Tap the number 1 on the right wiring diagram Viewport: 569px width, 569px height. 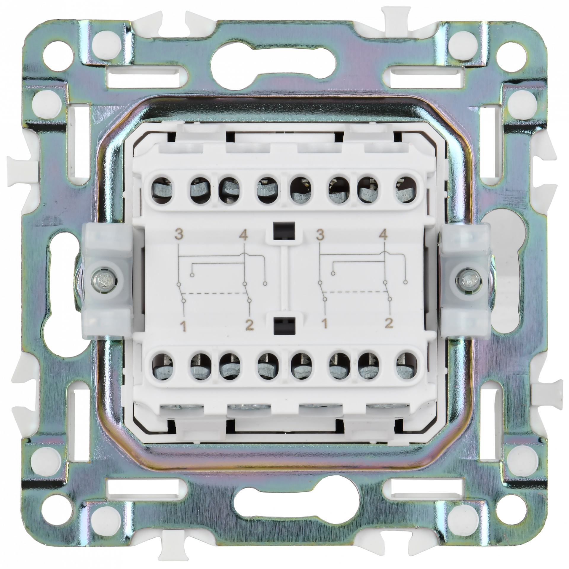[x=325, y=325]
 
